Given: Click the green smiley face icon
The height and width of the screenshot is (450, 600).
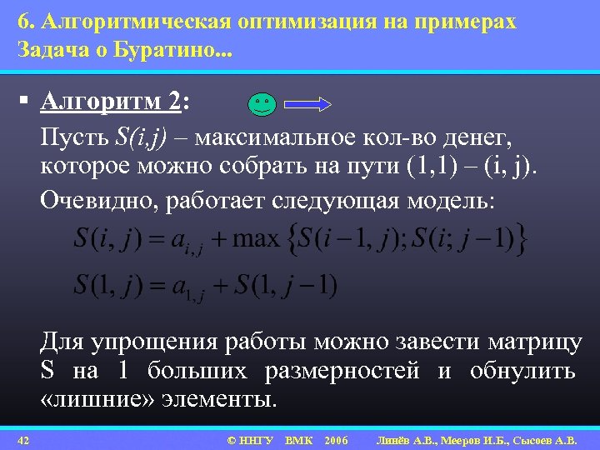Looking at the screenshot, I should tap(261, 104).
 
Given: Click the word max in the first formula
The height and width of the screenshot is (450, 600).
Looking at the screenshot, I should tap(256, 240).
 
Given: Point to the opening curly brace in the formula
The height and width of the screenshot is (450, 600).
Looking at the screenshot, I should tap(291, 240).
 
